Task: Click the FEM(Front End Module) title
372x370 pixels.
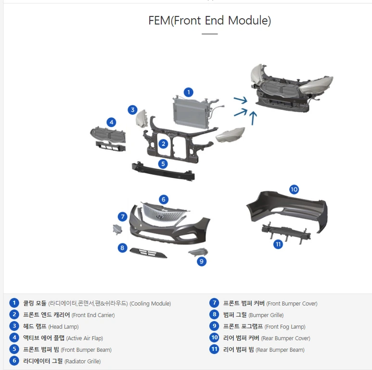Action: click(209, 20)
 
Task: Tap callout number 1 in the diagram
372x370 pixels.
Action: click(189, 92)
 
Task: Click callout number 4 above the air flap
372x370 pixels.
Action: click(111, 122)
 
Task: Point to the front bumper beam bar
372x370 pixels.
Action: click(163, 171)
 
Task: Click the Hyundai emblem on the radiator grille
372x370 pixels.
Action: click(160, 217)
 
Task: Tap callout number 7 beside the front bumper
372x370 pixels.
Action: click(122, 217)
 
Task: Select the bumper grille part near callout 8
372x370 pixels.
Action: click(148, 252)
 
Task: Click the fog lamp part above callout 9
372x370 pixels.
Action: click(198, 252)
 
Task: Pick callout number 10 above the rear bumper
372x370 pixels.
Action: click(294, 189)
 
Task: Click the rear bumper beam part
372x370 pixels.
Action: click(286, 232)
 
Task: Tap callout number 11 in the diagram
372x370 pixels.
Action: click(278, 244)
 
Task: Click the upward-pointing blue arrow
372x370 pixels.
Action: click(253, 118)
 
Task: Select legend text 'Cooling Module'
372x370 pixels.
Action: click(150, 304)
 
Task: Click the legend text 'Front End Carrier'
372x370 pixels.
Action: click(93, 315)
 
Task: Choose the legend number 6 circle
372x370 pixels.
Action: click(14, 361)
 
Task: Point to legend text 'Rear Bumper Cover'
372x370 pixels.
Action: click(286, 338)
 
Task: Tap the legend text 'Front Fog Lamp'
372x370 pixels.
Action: click(285, 327)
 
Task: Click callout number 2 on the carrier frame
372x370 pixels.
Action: click(163, 144)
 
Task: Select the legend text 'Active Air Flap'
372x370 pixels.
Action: click(85, 338)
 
